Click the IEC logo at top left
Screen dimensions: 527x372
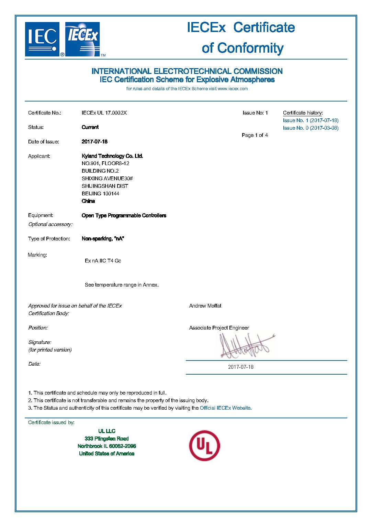click(x=42, y=39)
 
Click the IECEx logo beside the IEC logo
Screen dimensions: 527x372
click(x=82, y=39)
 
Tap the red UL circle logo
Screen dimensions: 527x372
click(x=204, y=445)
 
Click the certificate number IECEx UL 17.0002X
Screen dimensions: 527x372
click(x=104, y=113)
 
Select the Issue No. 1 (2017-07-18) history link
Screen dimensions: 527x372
click(x=311, y=120)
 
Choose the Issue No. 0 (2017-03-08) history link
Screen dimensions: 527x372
click(x=311, y=128)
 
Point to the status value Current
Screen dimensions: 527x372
click(x=90, y=127)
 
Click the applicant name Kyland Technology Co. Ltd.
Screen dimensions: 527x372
click(x=112, y=156)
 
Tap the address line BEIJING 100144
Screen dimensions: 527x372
click(x=100, y=194)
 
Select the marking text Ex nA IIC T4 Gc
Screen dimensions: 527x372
click(x=103, y=261)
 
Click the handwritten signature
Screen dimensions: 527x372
click(x=246, y=346)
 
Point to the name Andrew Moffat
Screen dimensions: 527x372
click(x=205, y=306)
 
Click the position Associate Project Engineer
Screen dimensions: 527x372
click(x=219, y=328)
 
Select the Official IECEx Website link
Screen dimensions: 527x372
click(x=225, y=408)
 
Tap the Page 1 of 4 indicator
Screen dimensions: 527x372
click(x=255, y=135)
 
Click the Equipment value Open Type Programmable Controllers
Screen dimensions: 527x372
click(x=124, y=216)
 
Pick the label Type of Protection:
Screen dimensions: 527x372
click(x=49, y=239)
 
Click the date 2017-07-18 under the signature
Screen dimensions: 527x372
click(x=240, y=367)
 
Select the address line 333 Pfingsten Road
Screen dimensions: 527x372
click(x=106, y=439)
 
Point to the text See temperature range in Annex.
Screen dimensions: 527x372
click(x=122, y=285)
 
